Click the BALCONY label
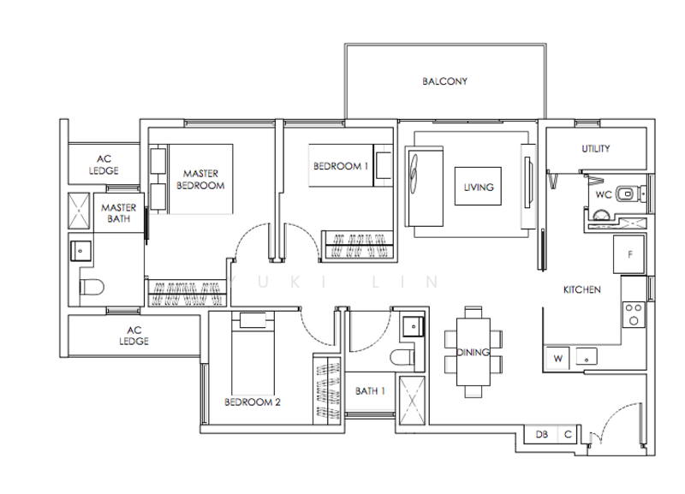444,82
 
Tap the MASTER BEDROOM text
200,179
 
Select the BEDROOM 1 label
340,167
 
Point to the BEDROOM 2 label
252,402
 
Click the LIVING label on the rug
479,187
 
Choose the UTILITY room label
595,149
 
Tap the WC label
603,194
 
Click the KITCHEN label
581,290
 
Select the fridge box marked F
630,254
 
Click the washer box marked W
557,357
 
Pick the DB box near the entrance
542,434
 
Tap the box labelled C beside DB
567,434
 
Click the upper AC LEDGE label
104,164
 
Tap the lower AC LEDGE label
134,335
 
